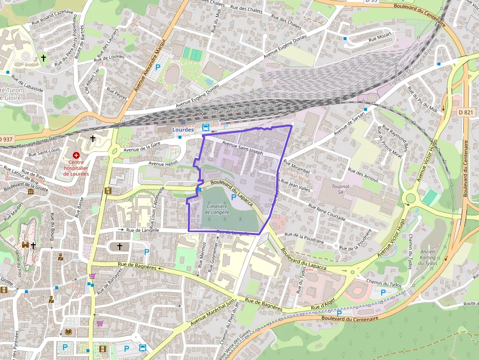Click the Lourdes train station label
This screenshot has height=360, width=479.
tap(183, 129)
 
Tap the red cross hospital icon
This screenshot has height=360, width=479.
tap(76, 155)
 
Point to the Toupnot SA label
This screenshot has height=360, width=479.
tap(340, 189)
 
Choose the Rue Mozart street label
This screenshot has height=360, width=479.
tap(380, 37)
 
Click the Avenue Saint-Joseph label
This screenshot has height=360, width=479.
tap(242, 148)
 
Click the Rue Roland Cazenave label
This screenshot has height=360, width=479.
tap(52, 17)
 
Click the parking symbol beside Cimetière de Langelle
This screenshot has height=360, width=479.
tap(234, 197)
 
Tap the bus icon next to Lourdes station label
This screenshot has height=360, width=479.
tap(206, 128)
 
